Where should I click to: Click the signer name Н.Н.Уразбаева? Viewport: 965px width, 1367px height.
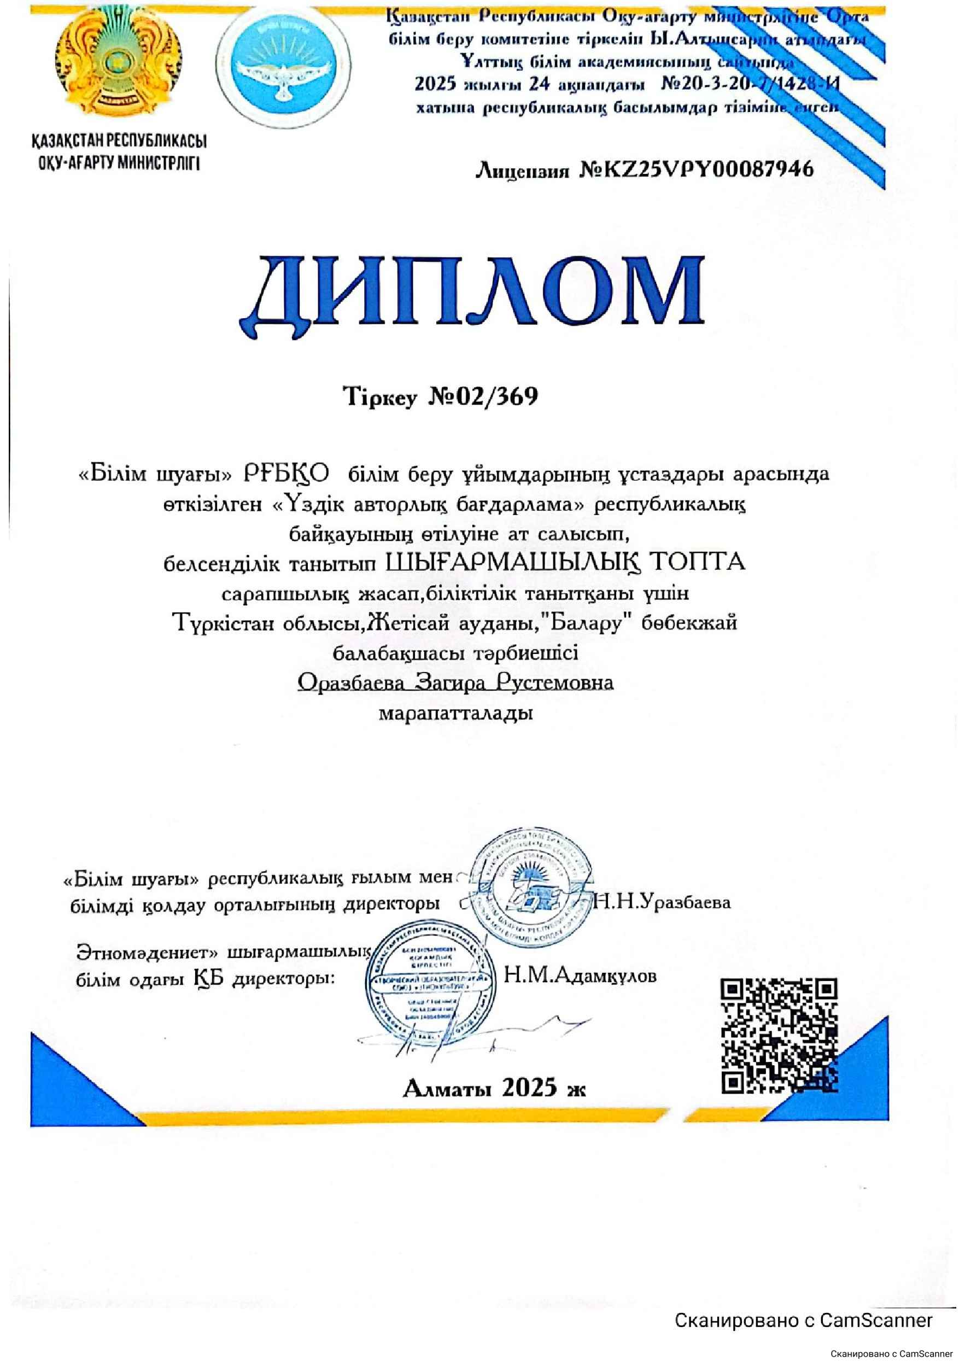pos(662,903)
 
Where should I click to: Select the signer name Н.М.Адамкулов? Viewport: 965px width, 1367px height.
pos(580,976)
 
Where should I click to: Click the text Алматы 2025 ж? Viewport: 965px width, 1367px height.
pos(494,1088)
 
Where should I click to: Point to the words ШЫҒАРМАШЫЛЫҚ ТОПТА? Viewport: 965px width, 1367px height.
pos(565,562)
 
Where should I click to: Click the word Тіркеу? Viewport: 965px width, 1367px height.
pos(381,396)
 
